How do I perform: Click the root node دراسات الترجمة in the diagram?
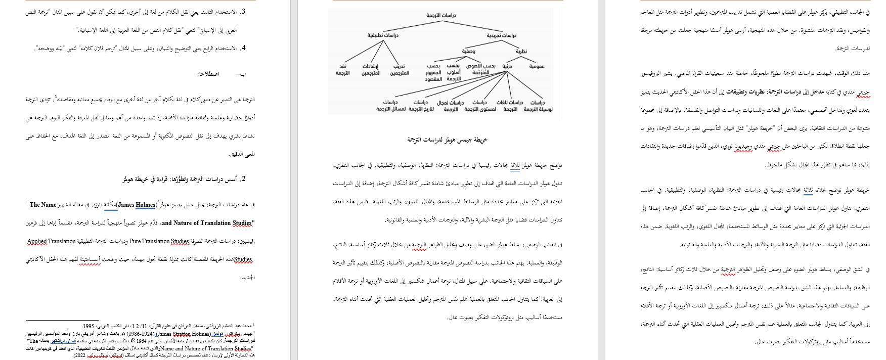click(x=441, y=16)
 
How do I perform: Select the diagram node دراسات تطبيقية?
click(x=383, y=35)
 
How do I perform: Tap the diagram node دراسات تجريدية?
click(x=501, y=35)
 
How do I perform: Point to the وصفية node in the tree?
click(x=468, y=52)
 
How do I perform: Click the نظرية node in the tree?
click(x=521, y=52)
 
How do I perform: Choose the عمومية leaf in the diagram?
click(x=537, y=66)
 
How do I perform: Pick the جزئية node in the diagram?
click(x=507, y=66)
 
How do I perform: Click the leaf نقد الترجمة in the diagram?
click(x=343, y=70)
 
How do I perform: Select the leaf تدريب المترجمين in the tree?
click(x=400, y=70)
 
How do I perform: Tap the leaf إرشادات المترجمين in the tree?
click(x=371, y=70)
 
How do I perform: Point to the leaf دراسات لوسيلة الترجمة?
click(x=538, y=106)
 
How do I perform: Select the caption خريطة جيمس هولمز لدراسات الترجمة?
click(x=447, y=140)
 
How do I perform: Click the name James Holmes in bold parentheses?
click(x=137, y=205)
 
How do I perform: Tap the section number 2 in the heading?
click(x=243, y=179)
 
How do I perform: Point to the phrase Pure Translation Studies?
click(x=159, y=241)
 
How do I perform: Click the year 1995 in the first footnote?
click(x=88, y=326)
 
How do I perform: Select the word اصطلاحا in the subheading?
click(x=208, y=74)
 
